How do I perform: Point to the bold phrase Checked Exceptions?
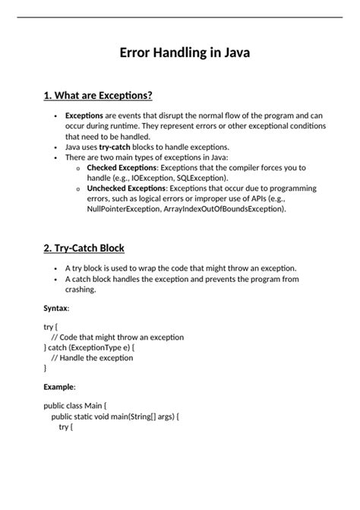tap(122, 167)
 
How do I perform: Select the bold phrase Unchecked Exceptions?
tap(127, 188)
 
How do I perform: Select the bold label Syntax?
tap(56, 308)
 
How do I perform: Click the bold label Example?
tap(59, 387)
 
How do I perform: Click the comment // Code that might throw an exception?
tap(118, 337)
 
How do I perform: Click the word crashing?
tap(80, 290)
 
